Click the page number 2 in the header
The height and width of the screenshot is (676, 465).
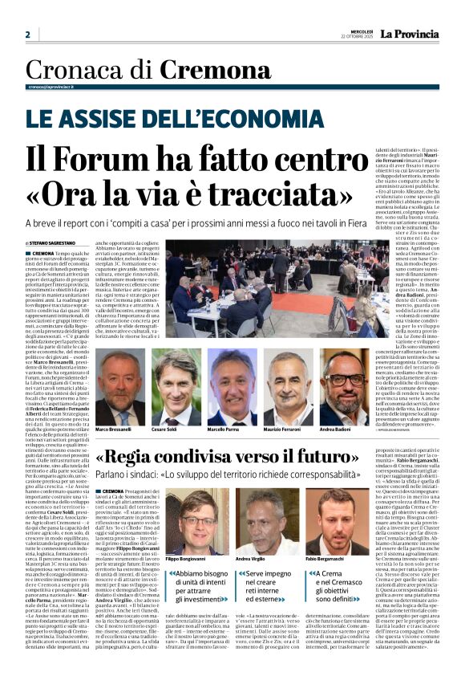pos(27,35)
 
